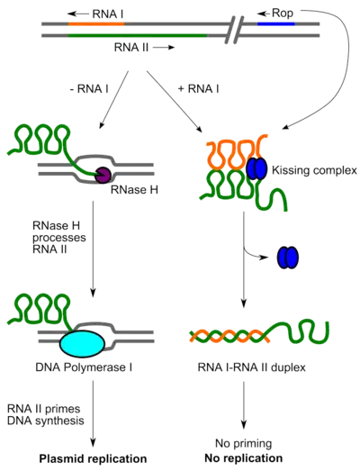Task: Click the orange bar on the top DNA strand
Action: pyautogui.click(x=95, y=23)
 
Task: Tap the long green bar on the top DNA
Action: pyautogui.click(x=134, y=36)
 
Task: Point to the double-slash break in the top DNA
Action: pyautogui.click(x=237, y=30)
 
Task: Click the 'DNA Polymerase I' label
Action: pyautogui.click(x=86, y=368)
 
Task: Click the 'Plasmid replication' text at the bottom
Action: pyautogui.click(x=92, y=459)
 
